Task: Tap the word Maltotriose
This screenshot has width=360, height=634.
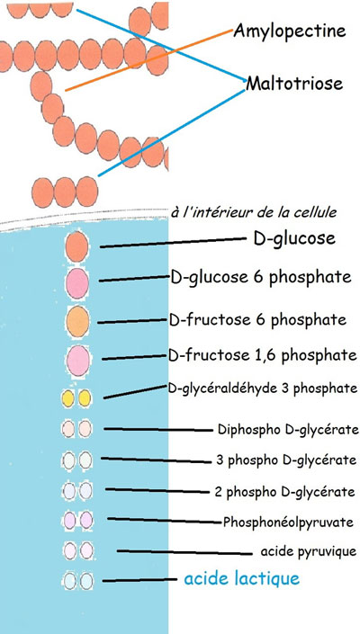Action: [294, 84]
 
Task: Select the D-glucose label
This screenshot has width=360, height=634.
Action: [294, 238]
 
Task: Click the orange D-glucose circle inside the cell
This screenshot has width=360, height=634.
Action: [76, 246]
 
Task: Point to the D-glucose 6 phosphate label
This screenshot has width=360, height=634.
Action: [261, 278]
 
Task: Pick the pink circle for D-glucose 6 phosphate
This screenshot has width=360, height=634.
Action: [76, 284]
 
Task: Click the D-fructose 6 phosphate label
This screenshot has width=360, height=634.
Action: [257, 320]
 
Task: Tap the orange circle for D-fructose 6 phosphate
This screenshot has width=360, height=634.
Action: [77, 321]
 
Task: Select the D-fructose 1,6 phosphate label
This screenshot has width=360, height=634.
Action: [263, 356]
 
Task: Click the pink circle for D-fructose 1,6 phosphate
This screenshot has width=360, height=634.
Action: [78, 361]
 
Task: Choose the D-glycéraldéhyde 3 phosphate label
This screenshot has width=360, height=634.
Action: [263, 388]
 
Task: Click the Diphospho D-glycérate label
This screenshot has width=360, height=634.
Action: [288, 429]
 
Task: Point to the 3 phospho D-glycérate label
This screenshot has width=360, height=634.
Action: [286, 460]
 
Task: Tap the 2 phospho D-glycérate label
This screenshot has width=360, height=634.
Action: [284, 492]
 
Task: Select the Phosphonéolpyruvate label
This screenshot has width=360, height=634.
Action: [288, 522]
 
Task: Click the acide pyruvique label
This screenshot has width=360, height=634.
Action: [309, 551]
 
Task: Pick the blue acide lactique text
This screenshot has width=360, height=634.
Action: [242, 578]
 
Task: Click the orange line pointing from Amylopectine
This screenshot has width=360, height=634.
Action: [149, 60]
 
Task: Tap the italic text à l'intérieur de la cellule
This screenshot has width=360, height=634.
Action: [254, 212]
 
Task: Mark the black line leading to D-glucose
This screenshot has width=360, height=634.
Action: [173, 243]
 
